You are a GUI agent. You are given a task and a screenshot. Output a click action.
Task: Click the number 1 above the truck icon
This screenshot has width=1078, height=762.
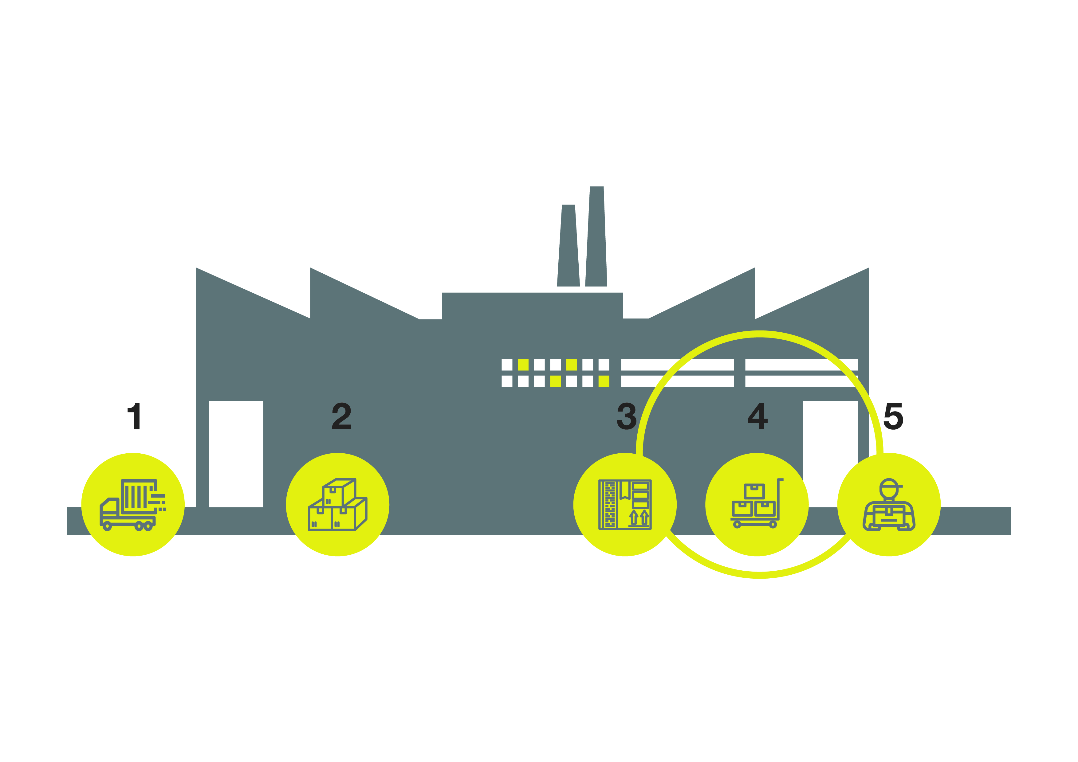[x=135, y=416]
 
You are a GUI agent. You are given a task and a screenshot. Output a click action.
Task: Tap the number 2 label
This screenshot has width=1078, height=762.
[x=341, y=416]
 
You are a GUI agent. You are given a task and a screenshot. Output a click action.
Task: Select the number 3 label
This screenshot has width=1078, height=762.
[x=626, y=416]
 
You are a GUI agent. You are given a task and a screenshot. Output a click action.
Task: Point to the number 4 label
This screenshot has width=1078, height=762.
[x=758, y=416]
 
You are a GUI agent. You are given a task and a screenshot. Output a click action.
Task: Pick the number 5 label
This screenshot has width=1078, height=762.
[x=894, y=416]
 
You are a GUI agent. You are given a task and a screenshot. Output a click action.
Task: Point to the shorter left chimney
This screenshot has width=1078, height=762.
[x=569, y=245]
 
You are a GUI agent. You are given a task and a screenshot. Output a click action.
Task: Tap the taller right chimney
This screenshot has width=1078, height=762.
[x=596, y=236]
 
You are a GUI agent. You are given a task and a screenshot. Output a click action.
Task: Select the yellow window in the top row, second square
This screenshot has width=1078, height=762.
[x=523, y=365]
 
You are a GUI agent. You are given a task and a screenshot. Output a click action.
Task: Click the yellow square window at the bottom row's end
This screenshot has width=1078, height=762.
[x=604, y=381]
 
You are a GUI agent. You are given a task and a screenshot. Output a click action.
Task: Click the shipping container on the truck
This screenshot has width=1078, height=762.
[x=139, y=496]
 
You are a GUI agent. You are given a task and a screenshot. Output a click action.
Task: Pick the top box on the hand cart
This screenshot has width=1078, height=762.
[x=754, y=491]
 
